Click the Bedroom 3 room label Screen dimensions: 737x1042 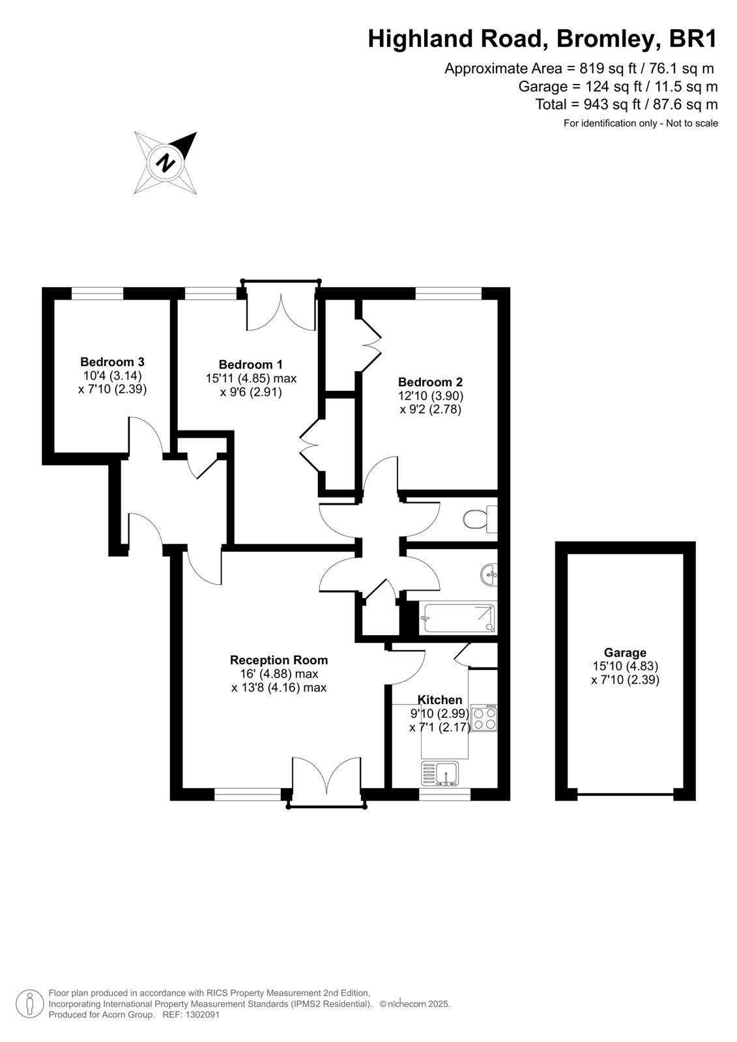coord(112,361)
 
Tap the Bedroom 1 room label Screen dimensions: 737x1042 coord(250,364)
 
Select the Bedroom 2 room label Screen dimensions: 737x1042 coord(430,382)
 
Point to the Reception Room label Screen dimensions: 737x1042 coord(279,660)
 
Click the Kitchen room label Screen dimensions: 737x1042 coord(439,699)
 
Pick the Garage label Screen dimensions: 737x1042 coord(626,653)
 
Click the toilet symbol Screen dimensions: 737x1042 coord(480,518)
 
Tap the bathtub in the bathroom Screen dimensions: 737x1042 coord(458,617)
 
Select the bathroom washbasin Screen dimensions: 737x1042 coord(489,576)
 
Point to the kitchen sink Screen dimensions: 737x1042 coord(440,774)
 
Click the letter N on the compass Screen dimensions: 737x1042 coord(166,163)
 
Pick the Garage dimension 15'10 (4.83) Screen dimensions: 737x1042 coord(626,666)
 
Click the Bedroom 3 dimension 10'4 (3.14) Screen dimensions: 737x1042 coord(112,375)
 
